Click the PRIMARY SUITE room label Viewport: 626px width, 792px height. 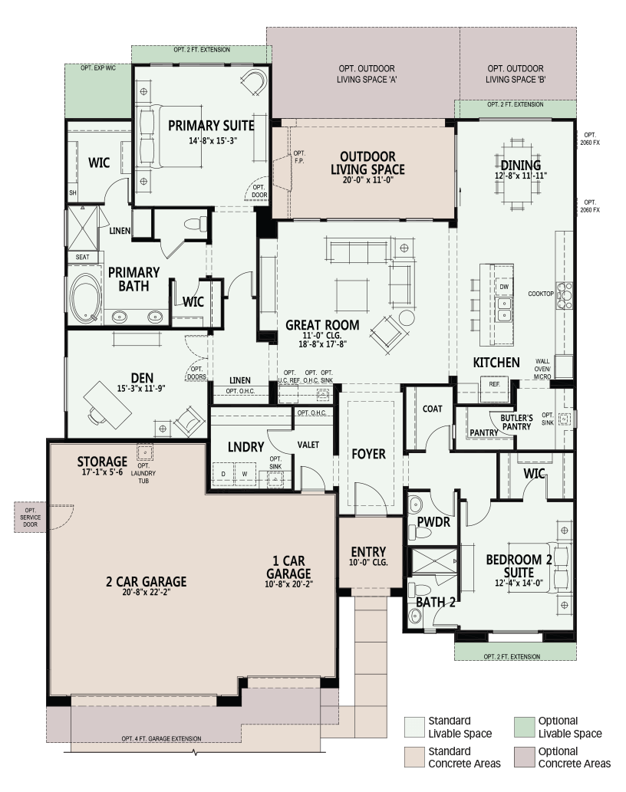(211, 125)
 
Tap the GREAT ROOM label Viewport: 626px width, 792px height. (322, 325)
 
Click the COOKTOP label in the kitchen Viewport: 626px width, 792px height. (541, 294)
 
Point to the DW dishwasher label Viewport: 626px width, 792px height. (504, 287)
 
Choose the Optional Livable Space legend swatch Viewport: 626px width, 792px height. (525, 727)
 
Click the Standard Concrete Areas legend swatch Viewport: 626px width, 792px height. (414, 757)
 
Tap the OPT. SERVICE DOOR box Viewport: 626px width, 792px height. (31, 518)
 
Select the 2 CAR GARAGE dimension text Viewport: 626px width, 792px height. (146, 592)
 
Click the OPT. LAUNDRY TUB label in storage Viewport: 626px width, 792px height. (143, 473)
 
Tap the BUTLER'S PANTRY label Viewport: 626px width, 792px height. (516, 422)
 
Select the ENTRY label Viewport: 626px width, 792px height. (368, 551)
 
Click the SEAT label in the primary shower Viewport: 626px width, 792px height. (82, 257)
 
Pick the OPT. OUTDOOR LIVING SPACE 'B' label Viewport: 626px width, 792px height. (516, 74)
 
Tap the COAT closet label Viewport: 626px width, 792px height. (433, 409)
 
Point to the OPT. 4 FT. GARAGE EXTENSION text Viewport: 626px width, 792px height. (161, 738)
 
